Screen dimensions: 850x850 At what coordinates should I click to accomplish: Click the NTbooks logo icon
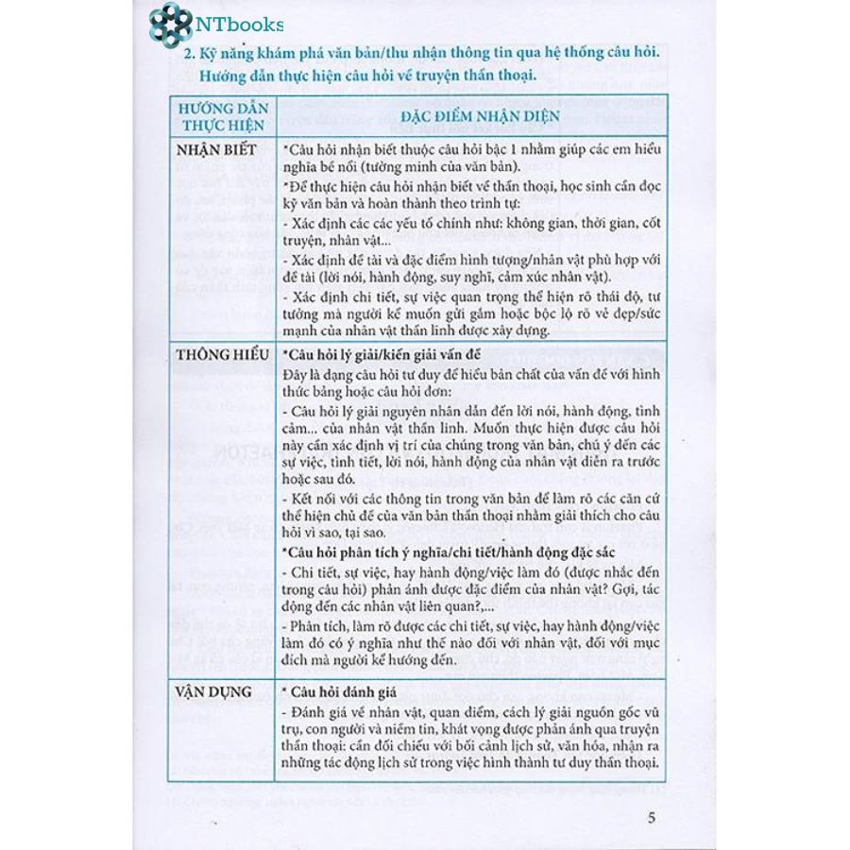tap(170, 24)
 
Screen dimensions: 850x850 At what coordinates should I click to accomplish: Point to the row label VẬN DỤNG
tap(212, 692)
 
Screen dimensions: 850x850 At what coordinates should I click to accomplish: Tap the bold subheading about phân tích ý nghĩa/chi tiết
tap(446, 552)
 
